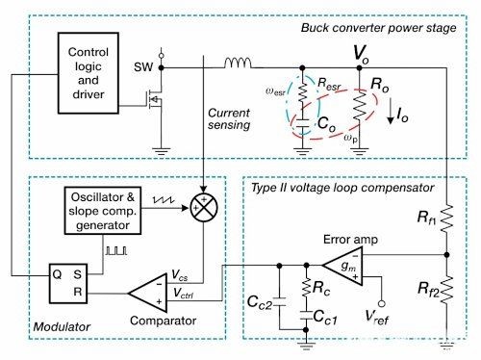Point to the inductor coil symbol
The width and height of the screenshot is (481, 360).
(238, 63)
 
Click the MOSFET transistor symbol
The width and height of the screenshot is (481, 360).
(155, 99)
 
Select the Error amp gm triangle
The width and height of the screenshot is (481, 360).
(342, 266)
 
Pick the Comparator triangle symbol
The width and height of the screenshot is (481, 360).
(148, 293)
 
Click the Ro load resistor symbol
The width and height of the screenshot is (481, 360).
(359, 107)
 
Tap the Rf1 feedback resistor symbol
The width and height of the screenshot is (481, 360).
(446, 219)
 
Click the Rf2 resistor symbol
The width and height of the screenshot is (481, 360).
(446, 290)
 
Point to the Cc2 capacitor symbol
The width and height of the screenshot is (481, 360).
(279, 302)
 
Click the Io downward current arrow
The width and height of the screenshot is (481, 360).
(391, 111)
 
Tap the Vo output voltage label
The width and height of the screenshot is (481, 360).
(362, 54)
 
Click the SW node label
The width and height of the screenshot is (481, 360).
(143, 67)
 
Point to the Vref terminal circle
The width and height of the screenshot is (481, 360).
(382, 303)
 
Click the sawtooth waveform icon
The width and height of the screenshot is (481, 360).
(164, 199)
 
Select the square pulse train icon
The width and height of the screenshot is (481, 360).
(116, 250)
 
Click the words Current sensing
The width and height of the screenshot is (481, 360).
(229, 118)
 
